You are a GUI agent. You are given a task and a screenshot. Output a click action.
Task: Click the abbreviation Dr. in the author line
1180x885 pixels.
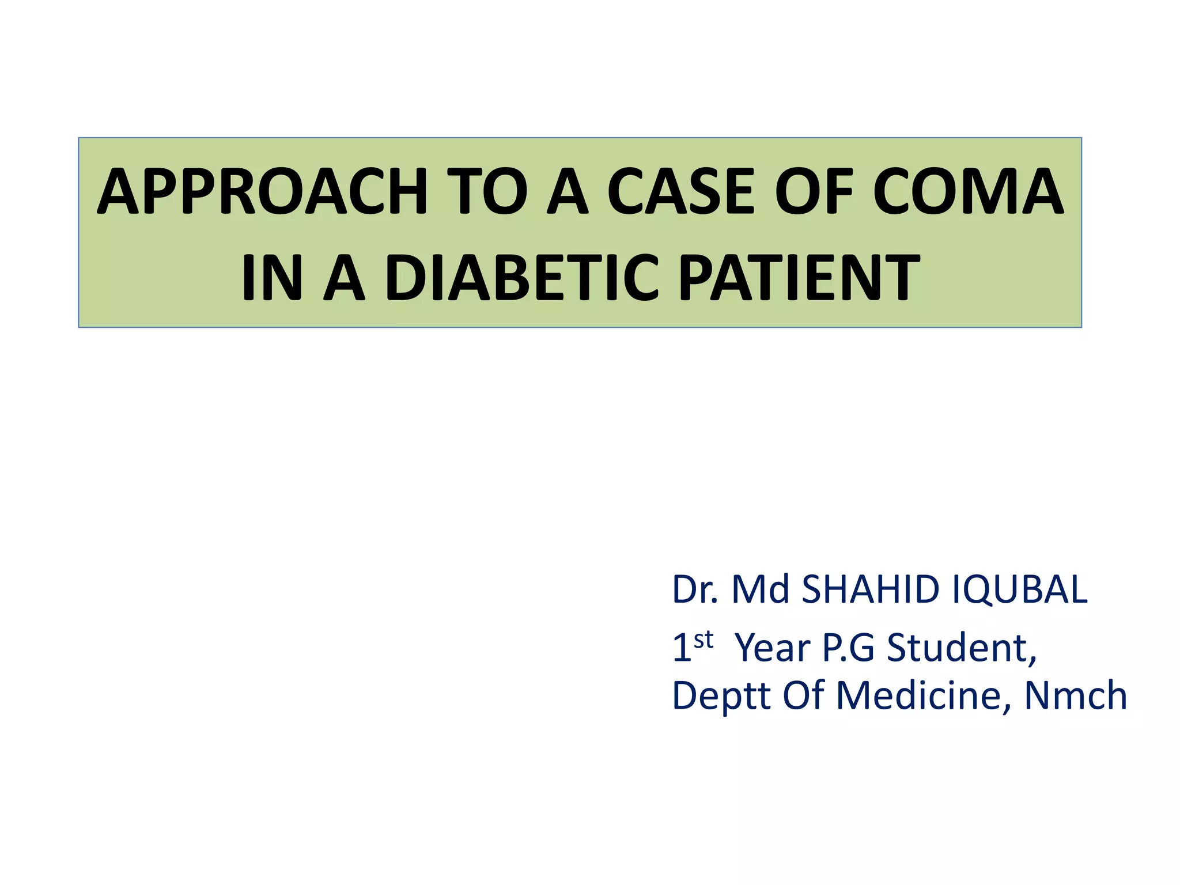pyautogui.click(x=695, y=589)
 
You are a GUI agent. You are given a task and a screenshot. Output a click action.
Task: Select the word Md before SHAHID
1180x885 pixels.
pyautogui.click(x=760, y=589)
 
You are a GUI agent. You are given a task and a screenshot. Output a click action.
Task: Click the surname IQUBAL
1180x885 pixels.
pyautogui.click(x=1019, y=589)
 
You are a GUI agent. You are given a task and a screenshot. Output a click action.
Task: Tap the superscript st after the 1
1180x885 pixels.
pyautogui.click(x=704, y=639)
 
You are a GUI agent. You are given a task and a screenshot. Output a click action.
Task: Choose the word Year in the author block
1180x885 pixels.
pyautogui.click(x=773, y=648)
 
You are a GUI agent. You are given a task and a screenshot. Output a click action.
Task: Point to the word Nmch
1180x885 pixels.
pyautogui.click(x=1075, y=695)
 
